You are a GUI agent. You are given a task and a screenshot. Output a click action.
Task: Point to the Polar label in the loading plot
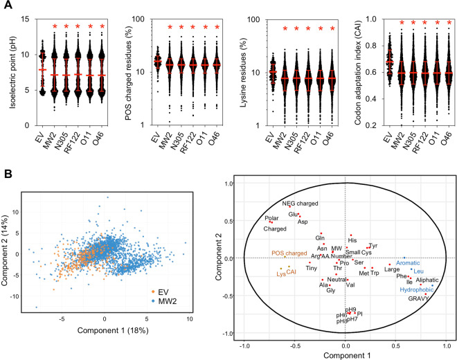click(x=271, y=218)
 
